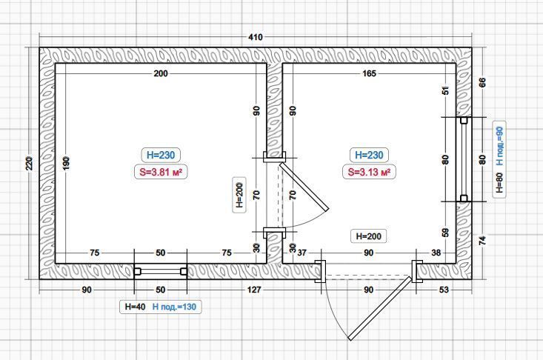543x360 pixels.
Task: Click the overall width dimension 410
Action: pos(256,37)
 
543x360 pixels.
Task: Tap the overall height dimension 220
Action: pos(30,164)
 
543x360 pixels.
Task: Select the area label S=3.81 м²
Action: pos(161,172)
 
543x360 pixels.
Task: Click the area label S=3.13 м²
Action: pos(369,172)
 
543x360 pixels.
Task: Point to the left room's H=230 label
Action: pos(161,155)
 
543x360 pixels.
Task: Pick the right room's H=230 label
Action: pos(369,155)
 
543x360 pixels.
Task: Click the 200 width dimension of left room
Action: pos(161,73)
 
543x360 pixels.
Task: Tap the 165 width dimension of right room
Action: pos(369,73)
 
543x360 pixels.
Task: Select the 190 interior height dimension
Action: pos(66,163)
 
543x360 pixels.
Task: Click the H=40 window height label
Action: pos(135,307)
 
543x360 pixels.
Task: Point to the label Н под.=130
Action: pos(174,307)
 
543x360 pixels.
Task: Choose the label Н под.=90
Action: pos(499,146)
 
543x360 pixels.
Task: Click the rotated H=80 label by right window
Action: pos(499,182)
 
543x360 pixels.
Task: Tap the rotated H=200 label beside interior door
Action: pos(239,195)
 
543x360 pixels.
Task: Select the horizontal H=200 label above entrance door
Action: pos(369,236)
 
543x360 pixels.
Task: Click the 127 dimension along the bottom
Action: pos(254,290)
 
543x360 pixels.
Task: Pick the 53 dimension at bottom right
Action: pos(444,290)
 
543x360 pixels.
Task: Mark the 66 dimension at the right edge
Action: pos(482,82)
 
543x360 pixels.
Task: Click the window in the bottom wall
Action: pos(161,271)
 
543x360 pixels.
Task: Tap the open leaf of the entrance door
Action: pos(380,308)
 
